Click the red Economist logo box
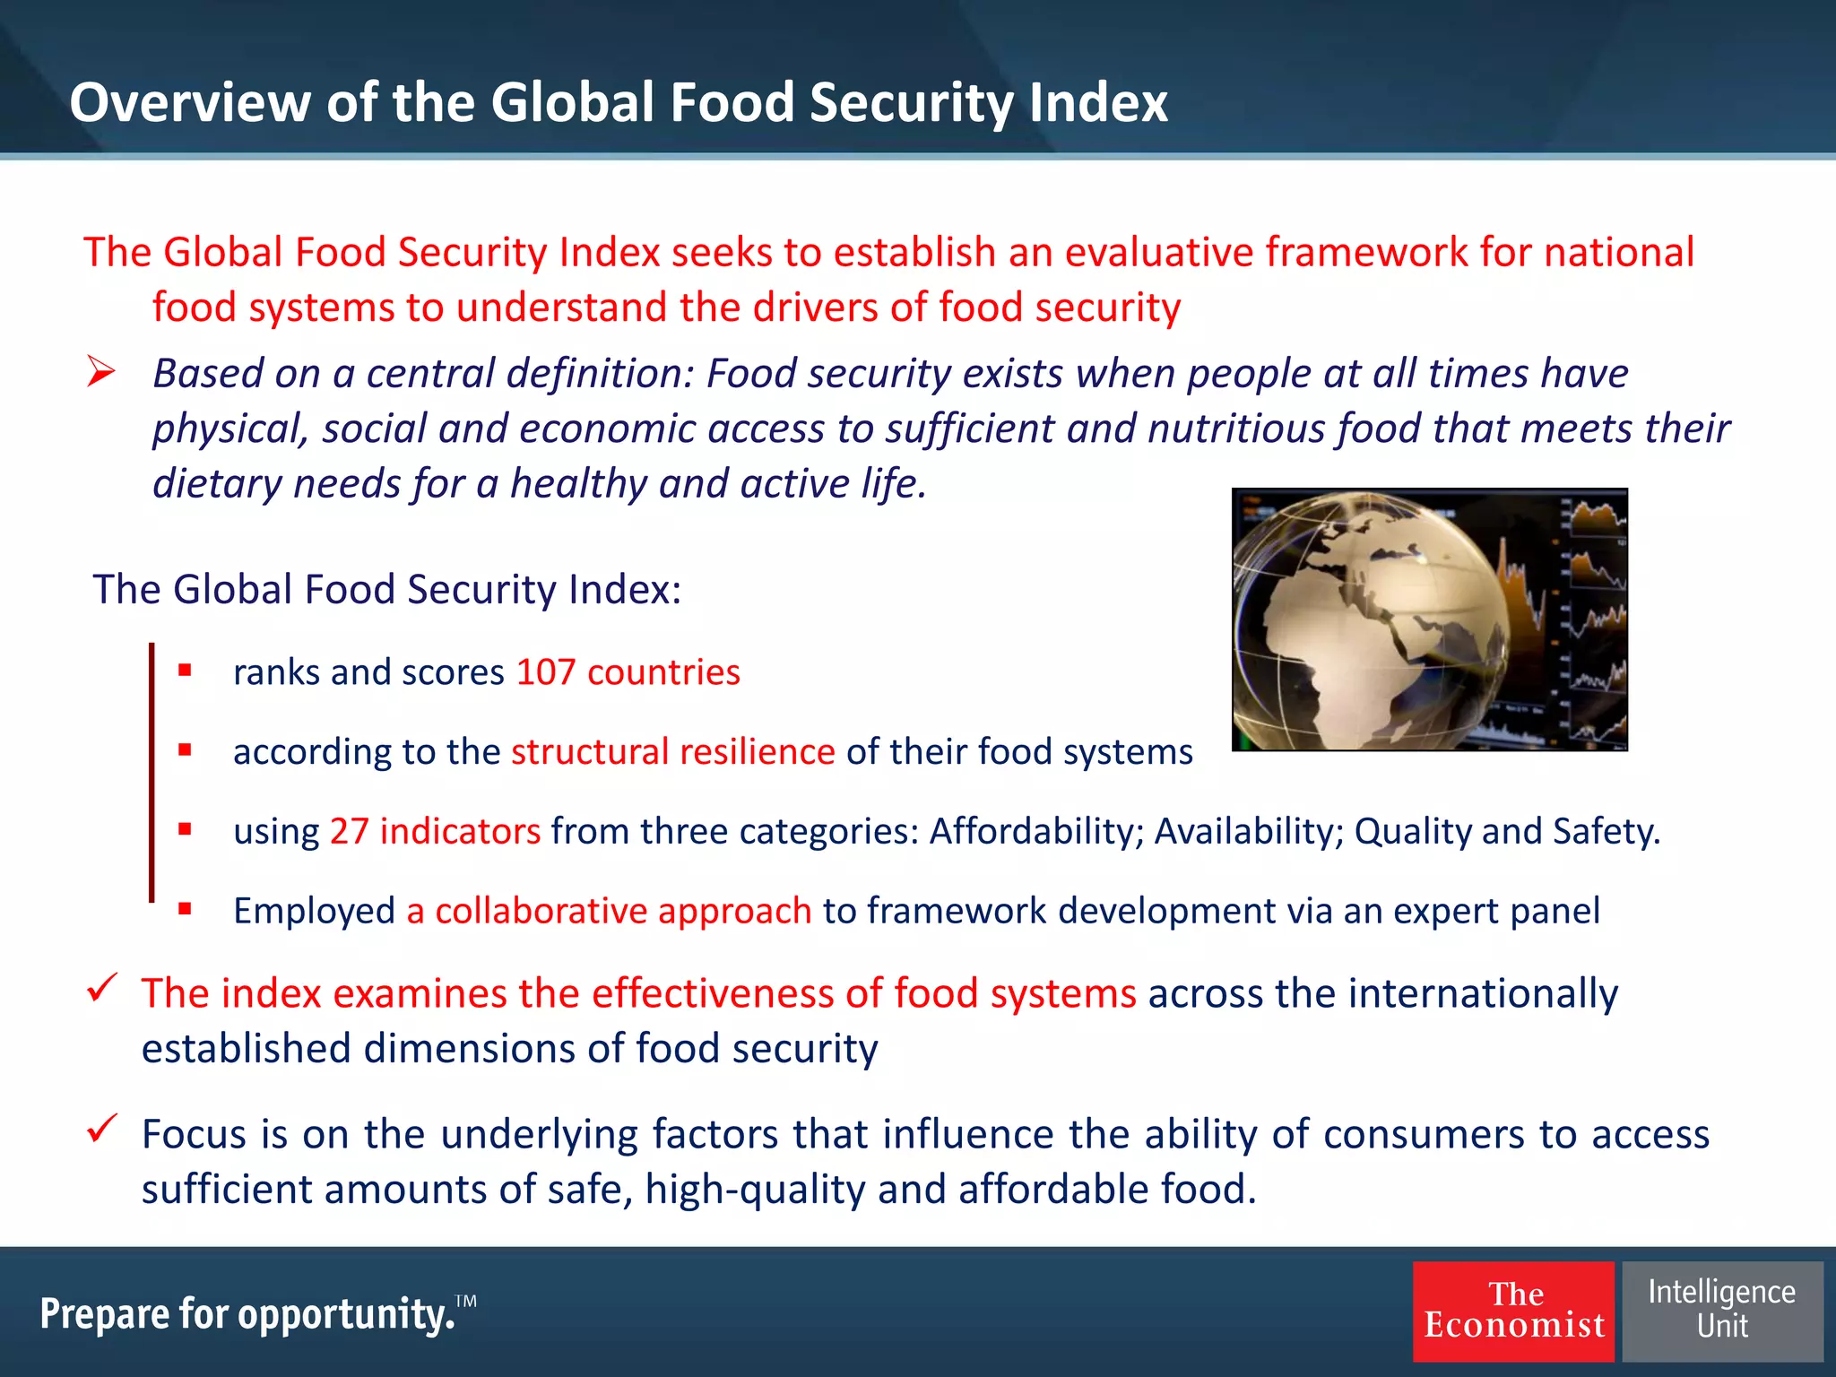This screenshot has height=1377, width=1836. tap(1513, 1311)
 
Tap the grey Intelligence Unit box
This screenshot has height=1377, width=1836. tap(1722, 1311)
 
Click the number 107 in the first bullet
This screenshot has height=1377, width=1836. tap(545, 672)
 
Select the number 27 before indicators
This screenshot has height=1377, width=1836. tap(349, 831)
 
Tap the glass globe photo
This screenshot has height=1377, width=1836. tap(1429, 619)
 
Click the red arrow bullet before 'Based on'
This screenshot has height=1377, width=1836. tap(101, 372)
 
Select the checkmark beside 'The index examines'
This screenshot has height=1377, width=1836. tap(102, 988)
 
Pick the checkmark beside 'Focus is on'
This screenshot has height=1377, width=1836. tap(102, 1128)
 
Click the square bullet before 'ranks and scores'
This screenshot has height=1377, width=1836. tap(185, 670)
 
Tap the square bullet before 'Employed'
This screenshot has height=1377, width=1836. tap(185, 908)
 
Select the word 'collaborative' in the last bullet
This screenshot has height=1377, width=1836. tap(541, 911)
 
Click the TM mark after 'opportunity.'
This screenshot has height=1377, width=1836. tap(466, 1300)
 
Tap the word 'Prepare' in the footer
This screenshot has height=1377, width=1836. tap(104, 1314)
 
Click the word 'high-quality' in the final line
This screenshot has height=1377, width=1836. tap(755, 1190)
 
